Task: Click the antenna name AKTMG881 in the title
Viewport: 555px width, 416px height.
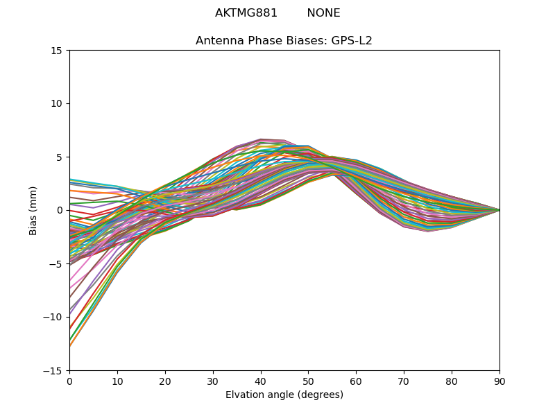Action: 246,13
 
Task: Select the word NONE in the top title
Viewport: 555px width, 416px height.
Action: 323,13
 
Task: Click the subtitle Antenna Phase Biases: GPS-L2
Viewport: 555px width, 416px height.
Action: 284,41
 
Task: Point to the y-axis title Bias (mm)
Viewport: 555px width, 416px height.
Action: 33,210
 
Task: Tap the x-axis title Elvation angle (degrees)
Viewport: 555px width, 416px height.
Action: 284,395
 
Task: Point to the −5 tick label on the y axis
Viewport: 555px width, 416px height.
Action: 58,264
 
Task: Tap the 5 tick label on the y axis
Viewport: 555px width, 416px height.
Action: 60,157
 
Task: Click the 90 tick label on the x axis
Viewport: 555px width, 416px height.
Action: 499,381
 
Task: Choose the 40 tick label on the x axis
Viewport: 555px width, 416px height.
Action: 260,381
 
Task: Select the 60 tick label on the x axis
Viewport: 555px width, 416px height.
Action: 356,381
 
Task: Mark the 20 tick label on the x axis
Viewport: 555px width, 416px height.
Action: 165,381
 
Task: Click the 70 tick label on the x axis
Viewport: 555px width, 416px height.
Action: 404,381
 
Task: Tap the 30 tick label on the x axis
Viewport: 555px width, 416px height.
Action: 213,381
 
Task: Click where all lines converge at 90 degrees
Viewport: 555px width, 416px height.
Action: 499,210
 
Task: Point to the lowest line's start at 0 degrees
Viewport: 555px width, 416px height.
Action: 70,345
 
